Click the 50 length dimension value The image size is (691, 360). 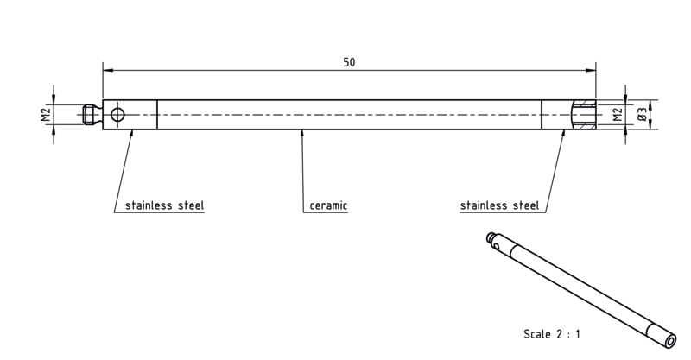coord(349,62)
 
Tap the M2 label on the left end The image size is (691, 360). coord(47,115)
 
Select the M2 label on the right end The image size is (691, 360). coord(618,115)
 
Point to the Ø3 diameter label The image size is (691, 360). coord(642,115)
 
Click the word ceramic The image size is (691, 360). coord(328,205)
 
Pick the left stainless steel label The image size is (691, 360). coord(164,205)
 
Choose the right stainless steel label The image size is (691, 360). coord(499,205)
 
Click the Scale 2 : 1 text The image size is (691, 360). coord(552,334)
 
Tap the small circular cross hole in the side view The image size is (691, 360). coord(117,115)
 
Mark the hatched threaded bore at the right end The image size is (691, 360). coord(585,115)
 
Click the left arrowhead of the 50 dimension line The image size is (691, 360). coord(108,70)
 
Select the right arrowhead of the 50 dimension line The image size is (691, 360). coord(591,70)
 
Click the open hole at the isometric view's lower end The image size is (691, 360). coord(671,341)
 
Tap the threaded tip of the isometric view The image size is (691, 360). coord(490,237)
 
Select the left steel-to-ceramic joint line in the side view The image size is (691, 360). coord(157,115)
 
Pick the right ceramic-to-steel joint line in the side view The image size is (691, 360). coord(542,115)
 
